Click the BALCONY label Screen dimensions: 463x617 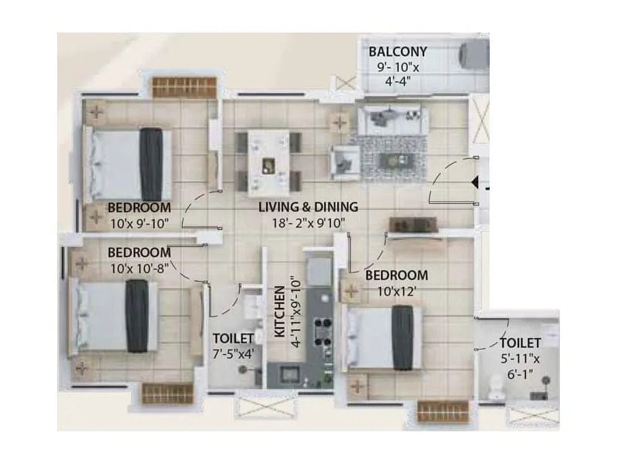tap(397, 52)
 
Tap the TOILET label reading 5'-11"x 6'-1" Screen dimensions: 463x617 tap(520, 343)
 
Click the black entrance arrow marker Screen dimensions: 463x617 tap(475, 183)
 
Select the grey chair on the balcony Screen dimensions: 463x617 tap(474, 56)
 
